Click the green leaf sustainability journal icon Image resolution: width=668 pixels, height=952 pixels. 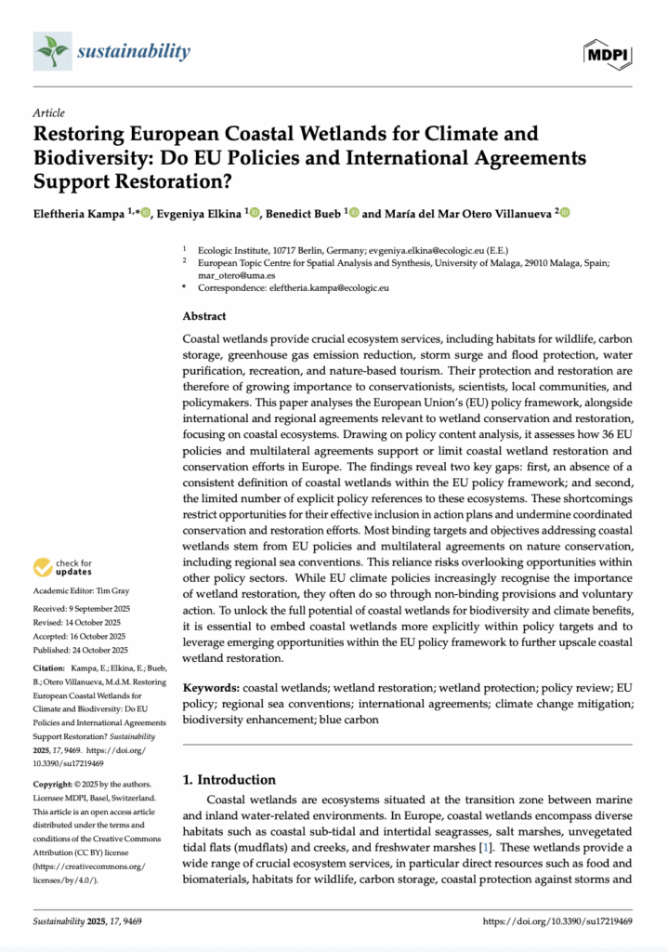[x=51, y=51]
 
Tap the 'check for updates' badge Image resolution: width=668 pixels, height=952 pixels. [x=62, y=566]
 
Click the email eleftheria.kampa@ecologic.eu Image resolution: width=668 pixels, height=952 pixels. [x=332, y=288]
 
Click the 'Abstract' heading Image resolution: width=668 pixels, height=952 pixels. [x=204, y=316]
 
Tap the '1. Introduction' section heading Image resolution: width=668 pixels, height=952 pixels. [x=229, y=779]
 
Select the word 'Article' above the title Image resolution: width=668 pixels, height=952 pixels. [x=48, y=111]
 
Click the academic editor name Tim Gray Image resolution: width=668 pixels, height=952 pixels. [x=116, y=590]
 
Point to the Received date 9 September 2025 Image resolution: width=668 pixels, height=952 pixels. [x=102, y=608]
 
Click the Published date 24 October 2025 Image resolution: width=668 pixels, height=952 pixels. [x=104, y=650]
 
